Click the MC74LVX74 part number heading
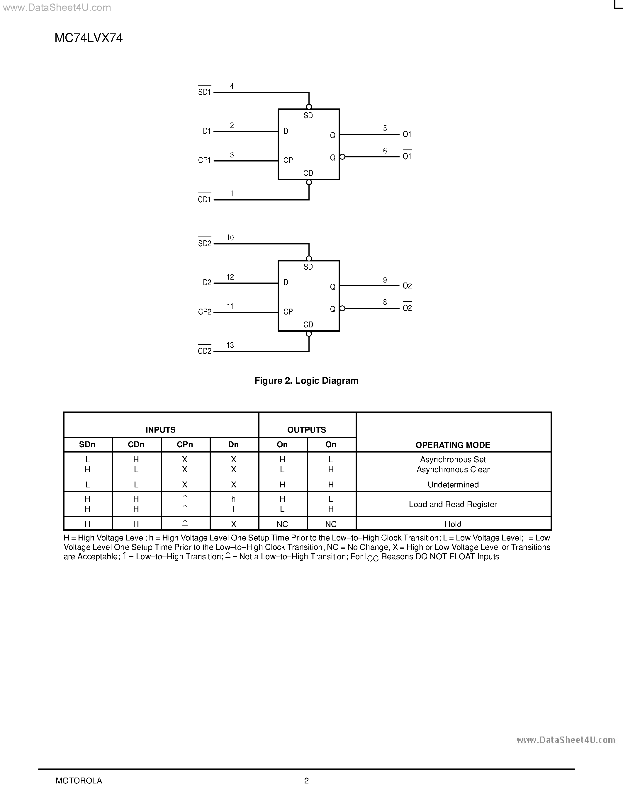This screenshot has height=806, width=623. (89, 38)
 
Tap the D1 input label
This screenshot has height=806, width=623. (207, 131)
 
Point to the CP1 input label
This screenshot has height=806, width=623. (204, 161)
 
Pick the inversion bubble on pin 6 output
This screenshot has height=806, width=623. (342, 157)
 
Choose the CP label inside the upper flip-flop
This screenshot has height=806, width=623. (288, 160)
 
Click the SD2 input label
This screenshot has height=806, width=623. (204, 244)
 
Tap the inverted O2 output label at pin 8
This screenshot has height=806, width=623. (407, 308)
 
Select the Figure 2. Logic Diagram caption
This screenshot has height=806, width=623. (306, 380)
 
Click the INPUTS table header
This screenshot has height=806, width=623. (161, 430)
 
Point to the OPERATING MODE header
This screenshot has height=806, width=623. (453, 445)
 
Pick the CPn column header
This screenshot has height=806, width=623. (184, 445)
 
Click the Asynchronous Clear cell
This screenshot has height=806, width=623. (453, 470)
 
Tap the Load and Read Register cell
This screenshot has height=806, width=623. (453, 504)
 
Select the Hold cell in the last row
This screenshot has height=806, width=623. (453, 524)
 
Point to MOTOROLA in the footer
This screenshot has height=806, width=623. (79, 781)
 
